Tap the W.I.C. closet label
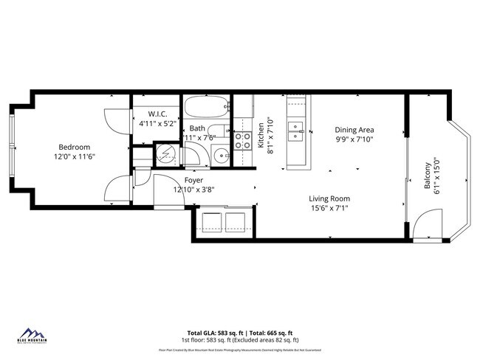point(157,114)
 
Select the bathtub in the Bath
point(206,108)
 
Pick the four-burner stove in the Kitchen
point(243,139)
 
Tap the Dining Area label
point(354,129)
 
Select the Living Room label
point(329,198)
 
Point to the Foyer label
point(193,180)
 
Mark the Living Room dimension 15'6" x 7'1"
point(329,209)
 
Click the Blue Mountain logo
point(31,336)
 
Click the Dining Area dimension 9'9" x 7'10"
point(354,139)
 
